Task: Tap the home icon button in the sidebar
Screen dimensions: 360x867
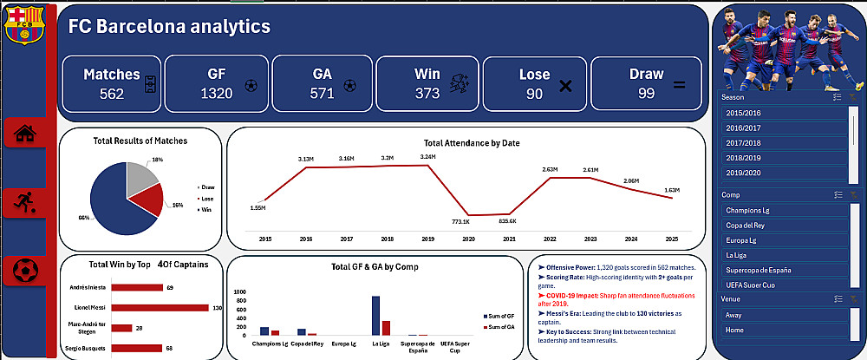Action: (x=25, y=133)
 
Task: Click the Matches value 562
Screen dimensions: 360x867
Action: (x=112, y=94)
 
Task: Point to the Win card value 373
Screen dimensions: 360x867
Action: (x=427, y=94)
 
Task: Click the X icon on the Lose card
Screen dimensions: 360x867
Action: (x=565, y=86)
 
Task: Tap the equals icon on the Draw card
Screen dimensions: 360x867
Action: (x=679, y=85)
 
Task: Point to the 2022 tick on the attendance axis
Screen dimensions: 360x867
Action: (x=550, y=239)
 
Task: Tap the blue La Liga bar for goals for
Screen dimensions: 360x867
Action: (x=375, y=316)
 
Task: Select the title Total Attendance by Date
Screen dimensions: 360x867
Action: (x=472, y=143)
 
